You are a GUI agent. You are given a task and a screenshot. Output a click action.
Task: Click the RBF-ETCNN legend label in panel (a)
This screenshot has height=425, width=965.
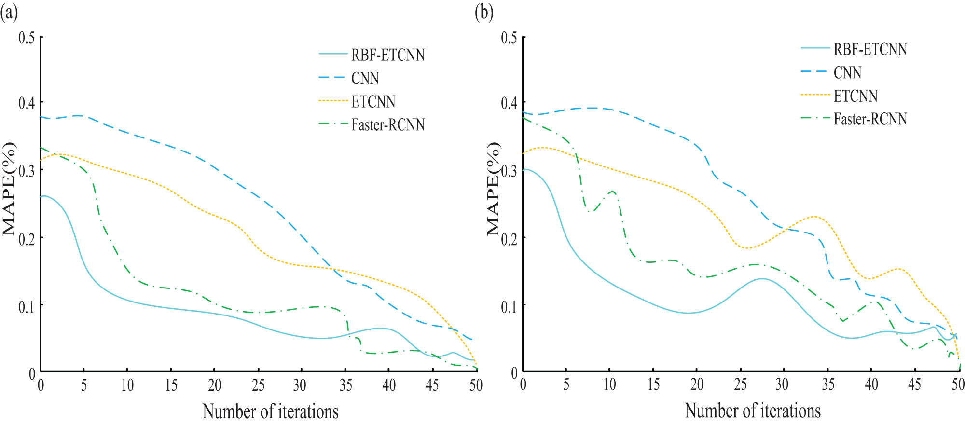[x=388, y=55]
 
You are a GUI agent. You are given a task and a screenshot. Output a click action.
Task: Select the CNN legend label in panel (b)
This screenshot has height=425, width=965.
[x=847, y=73]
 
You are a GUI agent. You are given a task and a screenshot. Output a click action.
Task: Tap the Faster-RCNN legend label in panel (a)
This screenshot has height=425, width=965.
[x=388, y=125]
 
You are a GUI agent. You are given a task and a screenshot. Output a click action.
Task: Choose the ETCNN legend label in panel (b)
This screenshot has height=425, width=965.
[x=855, y=96]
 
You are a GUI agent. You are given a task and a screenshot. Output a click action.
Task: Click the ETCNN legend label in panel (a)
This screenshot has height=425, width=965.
[x=373, y=102]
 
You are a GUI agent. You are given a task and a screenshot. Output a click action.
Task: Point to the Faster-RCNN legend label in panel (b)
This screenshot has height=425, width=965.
[x=870, y=119]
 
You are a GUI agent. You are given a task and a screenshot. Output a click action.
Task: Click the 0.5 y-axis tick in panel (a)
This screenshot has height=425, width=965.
[x=27, y=38]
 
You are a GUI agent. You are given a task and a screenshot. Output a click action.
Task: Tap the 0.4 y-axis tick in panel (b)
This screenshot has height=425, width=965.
[x=509, y=103]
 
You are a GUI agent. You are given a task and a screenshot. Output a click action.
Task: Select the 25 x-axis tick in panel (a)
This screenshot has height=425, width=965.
[x=258, y=385]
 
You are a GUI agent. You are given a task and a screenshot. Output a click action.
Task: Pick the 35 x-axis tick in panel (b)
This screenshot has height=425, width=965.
[x=828, y=384]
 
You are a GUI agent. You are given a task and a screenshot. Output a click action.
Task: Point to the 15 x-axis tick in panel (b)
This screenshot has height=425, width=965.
[x=653, y=384]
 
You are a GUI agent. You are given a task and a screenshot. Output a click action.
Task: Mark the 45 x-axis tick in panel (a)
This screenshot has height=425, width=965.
[x=432, y=385]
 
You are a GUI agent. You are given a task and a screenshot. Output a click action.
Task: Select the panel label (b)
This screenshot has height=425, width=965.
[x=484, y=12]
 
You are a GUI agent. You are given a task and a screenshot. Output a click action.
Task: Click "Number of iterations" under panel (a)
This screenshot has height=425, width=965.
[x=270, y=411]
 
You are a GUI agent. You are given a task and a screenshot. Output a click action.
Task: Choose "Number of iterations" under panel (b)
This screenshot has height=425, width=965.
[x=753, y=411]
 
